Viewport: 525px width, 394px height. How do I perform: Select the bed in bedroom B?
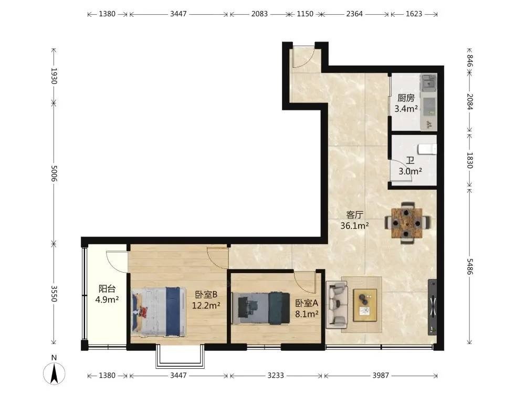point(159,312)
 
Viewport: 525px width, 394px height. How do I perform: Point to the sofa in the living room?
point(337,304)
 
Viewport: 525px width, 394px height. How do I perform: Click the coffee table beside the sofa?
point(365,305)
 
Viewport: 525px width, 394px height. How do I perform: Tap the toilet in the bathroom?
point(427,149)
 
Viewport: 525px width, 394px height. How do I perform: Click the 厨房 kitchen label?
point(406,98)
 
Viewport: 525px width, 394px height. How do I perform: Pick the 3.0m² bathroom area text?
point(410,172)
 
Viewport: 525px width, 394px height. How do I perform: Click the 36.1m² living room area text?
point(354,226)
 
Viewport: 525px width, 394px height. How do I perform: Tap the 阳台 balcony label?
point(107,288)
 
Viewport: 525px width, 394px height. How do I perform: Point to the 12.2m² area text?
point(206,306)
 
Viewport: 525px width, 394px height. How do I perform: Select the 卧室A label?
point(307,303)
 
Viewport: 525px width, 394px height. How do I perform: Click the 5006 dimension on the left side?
point(54,173)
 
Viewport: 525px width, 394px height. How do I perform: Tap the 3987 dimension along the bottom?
point(381,375)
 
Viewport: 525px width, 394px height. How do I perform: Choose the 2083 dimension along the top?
point(259,14)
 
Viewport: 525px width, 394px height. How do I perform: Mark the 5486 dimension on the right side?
point(469,267)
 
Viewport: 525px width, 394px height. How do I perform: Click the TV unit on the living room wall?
point(432,307)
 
